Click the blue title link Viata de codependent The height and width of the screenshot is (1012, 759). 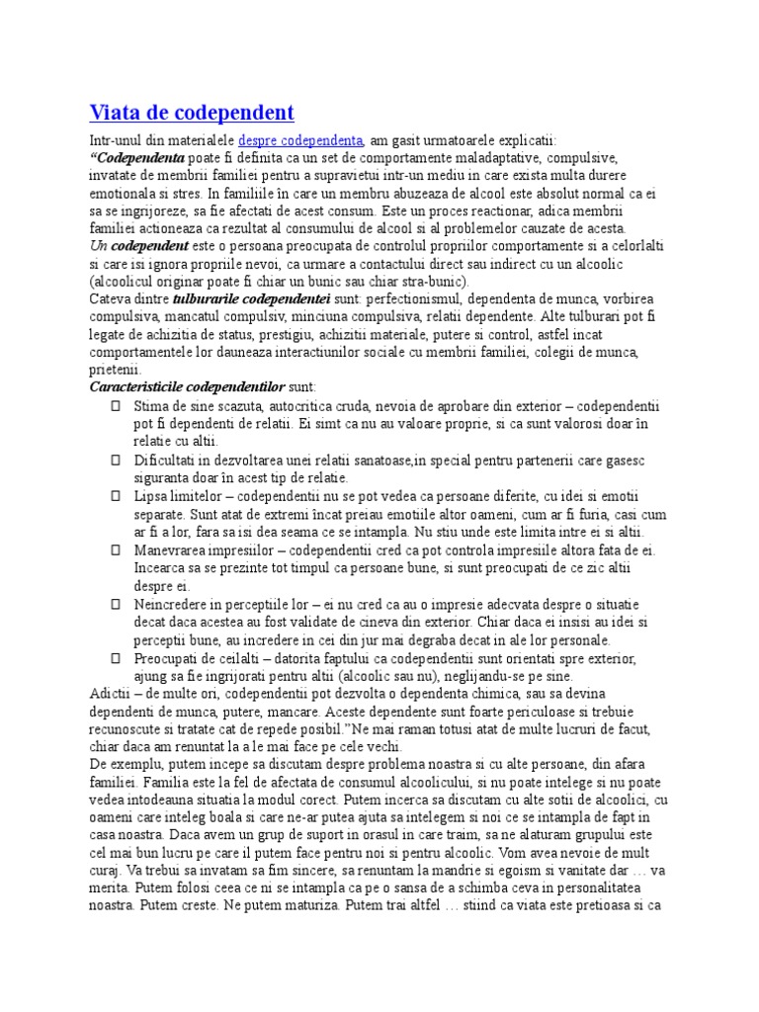coord(192,111)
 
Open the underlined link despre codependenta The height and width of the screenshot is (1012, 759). coord(301,140)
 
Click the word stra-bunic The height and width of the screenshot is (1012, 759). coord(418,280)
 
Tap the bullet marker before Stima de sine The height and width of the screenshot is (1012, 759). coord(115,406)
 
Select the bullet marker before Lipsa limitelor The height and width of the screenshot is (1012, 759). coord(115,495)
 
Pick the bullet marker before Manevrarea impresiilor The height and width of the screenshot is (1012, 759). coord(115,549)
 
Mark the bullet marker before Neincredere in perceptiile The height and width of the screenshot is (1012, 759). coord(115,603)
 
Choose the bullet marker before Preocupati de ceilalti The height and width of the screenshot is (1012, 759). coord(115,658)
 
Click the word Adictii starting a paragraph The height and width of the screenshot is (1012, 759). coord(110,694)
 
